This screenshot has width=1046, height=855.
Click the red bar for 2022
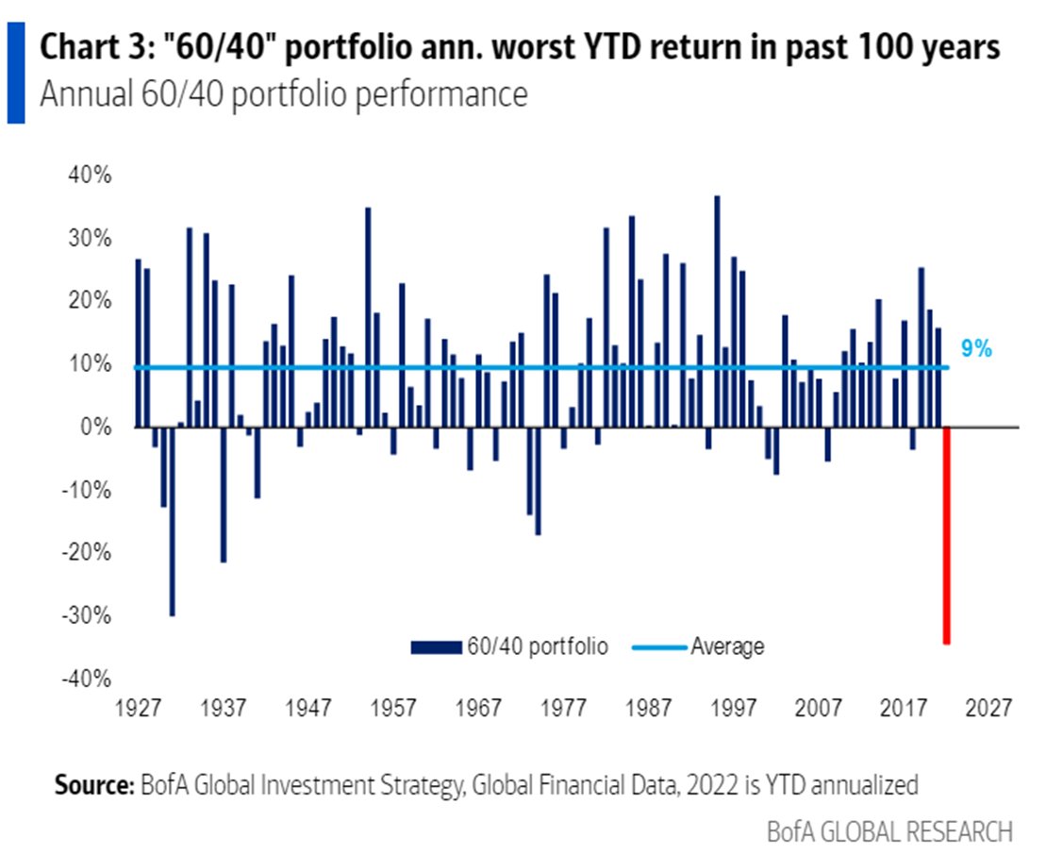(946, 535)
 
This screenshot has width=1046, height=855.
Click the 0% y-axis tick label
(97, 427)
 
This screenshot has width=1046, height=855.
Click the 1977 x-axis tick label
(564, 709)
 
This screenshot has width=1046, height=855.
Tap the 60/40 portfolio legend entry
(509, 646)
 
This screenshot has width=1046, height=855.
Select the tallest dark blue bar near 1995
(717, 311)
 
